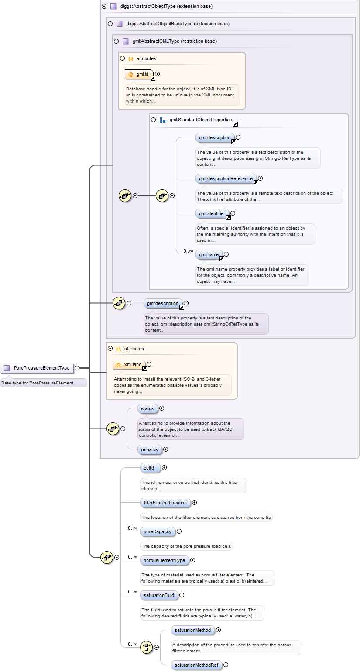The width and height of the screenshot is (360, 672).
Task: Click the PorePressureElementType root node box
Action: point(37,368)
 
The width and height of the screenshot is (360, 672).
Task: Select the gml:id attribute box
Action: point(137,75)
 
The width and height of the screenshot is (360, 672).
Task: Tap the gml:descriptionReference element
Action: point(226,178)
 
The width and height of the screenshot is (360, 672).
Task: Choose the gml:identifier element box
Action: point(212,213)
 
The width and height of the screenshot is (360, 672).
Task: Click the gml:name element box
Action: point(209,254)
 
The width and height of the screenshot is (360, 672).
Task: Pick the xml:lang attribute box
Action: point(129,364)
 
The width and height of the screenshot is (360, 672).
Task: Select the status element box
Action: point(147,408)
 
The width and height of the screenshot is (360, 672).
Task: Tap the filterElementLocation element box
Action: point(165,503)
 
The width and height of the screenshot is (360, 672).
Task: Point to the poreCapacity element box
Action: point(158,531)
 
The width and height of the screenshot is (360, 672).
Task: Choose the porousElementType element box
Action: point(164,560)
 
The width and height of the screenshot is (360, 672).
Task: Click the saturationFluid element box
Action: point(159,595)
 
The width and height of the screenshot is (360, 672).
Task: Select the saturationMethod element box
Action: point(192,630)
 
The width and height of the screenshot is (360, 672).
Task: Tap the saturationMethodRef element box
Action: point(196,665)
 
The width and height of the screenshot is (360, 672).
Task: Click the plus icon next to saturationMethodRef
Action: point(226,665)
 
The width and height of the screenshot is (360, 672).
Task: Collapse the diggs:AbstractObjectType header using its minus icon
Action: point(104,7)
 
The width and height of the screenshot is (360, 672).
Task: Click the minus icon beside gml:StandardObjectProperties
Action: point(153,120)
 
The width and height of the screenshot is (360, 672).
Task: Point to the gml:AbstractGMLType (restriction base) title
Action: point(175,41)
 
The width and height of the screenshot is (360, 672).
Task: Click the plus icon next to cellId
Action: point(165,468)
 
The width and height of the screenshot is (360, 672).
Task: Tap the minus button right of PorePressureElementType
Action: point(77,368)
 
